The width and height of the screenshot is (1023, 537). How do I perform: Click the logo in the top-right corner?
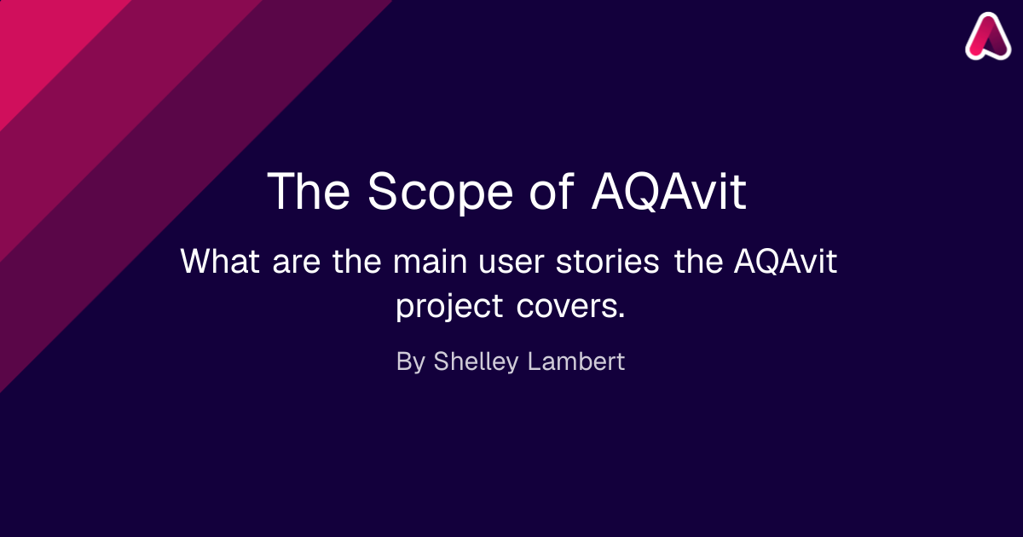coord(988,37)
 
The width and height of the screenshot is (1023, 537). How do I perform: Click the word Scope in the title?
coord(440,192)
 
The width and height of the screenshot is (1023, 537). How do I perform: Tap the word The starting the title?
coord(309,191)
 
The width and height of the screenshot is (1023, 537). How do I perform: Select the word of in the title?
coord(552,191)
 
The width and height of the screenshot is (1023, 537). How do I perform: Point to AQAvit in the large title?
coord(669,191)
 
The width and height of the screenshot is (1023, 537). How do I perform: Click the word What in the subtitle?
coord(220,261)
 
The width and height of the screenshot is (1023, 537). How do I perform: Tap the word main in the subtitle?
coord(430,261)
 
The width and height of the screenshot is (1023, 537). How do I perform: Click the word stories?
coord(607,261)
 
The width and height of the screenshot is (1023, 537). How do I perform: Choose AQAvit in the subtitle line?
coord(785,261)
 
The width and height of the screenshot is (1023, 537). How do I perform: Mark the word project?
coord(449,307)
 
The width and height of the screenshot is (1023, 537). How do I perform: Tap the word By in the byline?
coord(411,361)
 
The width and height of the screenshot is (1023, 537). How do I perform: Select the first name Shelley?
coord(476,361)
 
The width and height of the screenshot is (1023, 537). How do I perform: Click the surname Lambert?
coord(576,361)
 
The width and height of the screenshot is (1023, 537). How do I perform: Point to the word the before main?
coord(356,261)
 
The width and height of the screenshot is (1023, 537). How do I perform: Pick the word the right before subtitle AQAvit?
coord(699,261)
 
